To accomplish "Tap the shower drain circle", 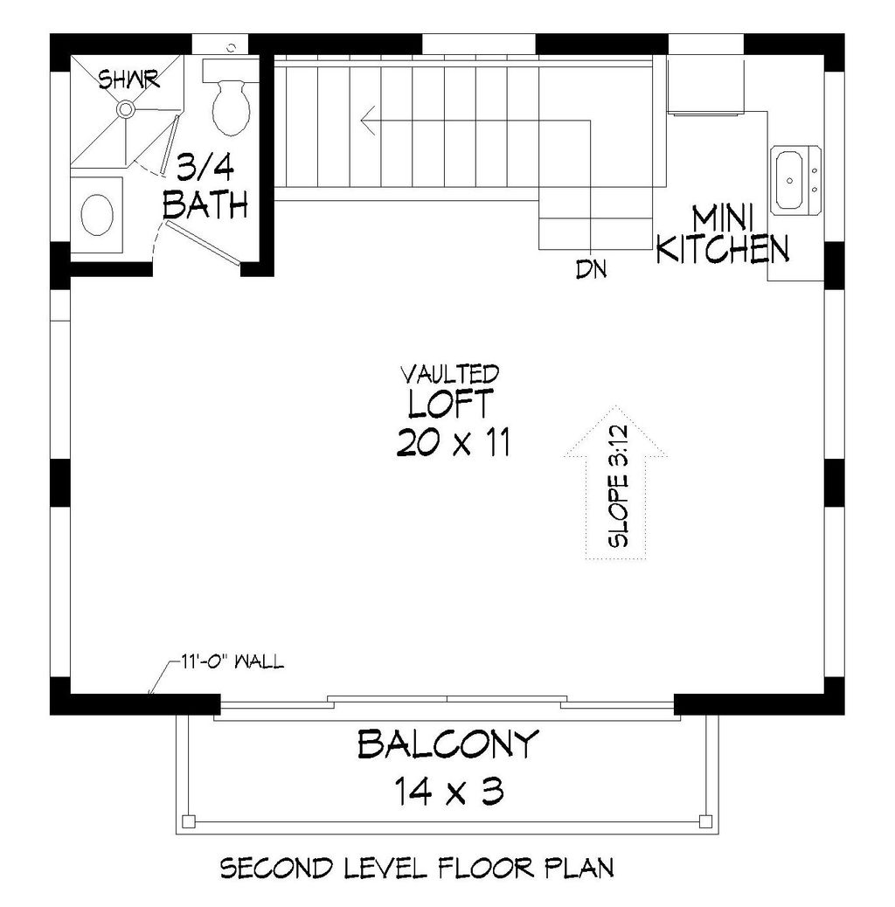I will pos(126,109).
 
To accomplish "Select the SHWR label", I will pos(128,80).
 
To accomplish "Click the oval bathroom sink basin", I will pos(96,212).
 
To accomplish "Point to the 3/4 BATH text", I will pos(207,185).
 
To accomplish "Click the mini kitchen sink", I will pos(795,180).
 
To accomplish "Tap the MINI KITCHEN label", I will pos(722,234).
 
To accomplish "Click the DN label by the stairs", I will pos(592,269).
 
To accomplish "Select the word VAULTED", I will pos(449,374).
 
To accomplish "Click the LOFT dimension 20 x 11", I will pos(453,444).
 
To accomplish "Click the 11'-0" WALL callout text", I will pos(233,661).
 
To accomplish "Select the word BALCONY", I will pos(447,745).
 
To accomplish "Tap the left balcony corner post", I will pos(188,820).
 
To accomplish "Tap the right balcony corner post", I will pos(705,820).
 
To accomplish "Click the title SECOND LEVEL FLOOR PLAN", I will pos(416,869).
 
